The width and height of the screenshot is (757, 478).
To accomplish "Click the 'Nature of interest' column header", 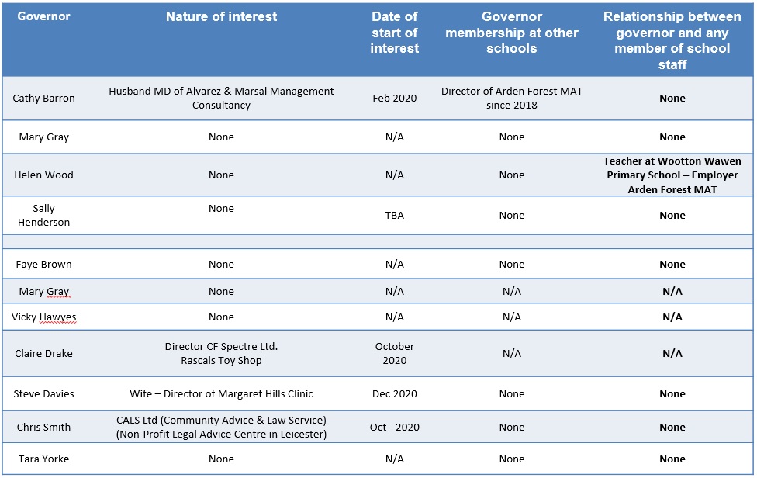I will pyautogui.click(x=221, y=16).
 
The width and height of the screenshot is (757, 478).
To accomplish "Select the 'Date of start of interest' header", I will pyautogui.click(x=394, y=33).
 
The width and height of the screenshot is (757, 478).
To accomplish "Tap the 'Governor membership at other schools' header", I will pyautogui.click(x=511, y=33).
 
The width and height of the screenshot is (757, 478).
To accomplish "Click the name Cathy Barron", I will pyautogui.click(x=43, y=99).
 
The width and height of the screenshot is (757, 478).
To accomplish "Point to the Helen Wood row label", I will pyautogui.click(x=43, y=175).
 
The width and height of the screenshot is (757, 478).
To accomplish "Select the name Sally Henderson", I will pyautogui.click(x=43, y=215).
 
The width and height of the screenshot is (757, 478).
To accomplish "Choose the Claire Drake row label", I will pyautogui.click(x=43, y=354).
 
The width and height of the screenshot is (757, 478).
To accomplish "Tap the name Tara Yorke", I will pyautogui.click(x=43, y=459).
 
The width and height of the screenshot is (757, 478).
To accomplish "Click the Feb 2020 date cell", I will pyautogui.click(x=394, y=99).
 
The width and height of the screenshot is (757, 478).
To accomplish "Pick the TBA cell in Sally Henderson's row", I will pyautogui.click(x=394, y=216).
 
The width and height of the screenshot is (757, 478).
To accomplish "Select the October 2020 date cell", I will pyautogui.click(x=394, y=353).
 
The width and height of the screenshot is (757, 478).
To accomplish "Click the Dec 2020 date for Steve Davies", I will pyautogui.click(x=394, y=394).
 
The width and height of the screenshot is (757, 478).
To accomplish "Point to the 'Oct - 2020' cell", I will pyautogui.click(x=394, y=428).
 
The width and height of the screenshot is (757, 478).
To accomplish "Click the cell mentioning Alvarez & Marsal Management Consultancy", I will pyautogui.click(x=221, y=99).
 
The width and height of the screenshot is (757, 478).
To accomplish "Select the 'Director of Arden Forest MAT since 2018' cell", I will pyautogui.click(x=511, y=99).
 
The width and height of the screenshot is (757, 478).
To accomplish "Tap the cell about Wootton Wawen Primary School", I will pyautogui.click(x=672, y=175).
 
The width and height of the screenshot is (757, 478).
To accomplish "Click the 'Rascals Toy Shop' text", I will pyautogui.click(x=221, y=361).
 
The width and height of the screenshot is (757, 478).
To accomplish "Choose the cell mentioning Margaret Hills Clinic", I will pyautogui.click(x=221, y=394).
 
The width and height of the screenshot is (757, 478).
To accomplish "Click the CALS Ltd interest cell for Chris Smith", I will pyautogui.click(x=221, y=428).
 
